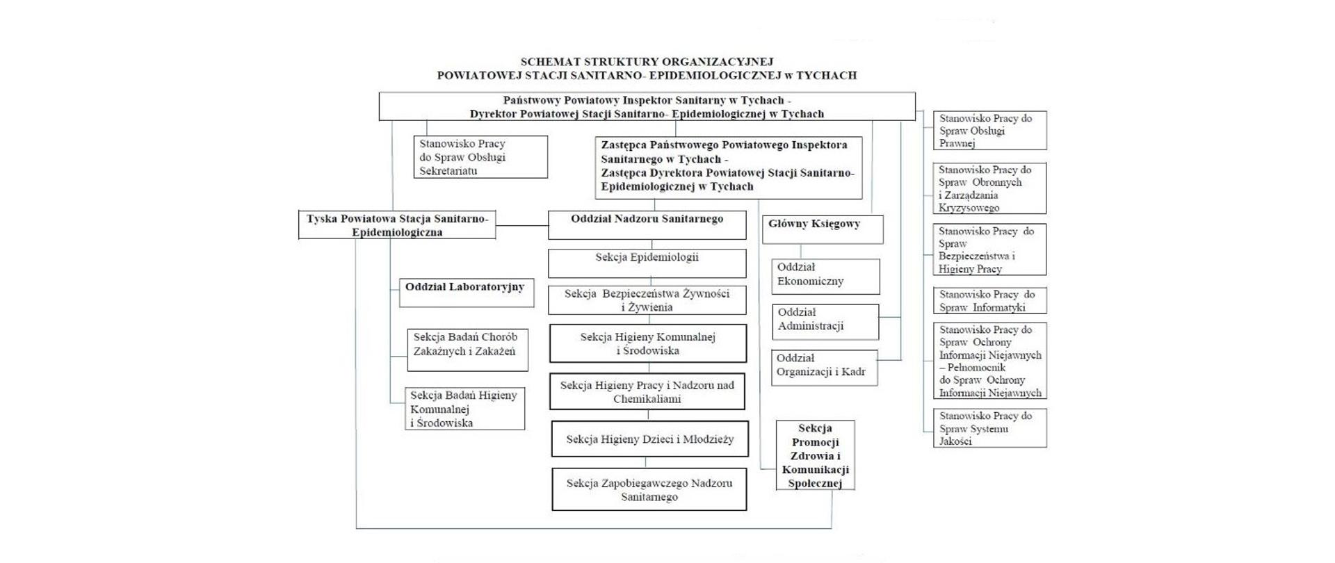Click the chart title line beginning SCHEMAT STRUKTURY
pyautogui.click(x=647, y=62)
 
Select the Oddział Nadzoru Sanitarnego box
pyautogui.click(x=647, y=225)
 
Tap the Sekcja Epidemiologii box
pyautogui.click(x=647, y=263)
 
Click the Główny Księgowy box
pyautogui.click(x=823, y=229)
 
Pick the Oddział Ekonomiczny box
pyautogui.click(x=825, y=276)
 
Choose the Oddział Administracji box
pyautogui.click(x=825, y=321)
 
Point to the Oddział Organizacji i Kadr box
pyautogui.click(x=824, y=367)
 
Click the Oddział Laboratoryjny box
pyautogui.click(x=466, y=293)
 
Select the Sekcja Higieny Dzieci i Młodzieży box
pyautogui.click(x=649, y=439)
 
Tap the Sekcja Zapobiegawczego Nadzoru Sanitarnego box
pyautogui.click(x=649, y=489)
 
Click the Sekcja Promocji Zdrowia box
pyautogui.click(x=815, y=455)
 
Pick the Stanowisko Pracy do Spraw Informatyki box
pyautogui.click(x=989, y=301)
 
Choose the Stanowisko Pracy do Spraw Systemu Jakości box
pyautogui.click(x=989, y=427)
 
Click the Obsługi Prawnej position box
pyautogui.click(x=989, y=131)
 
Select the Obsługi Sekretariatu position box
pyautogui.click(x=480, y=157)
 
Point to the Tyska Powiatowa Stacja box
pyautogui.click(x=397, y=225)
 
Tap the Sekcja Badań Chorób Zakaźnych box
pyautogui.click(x=467, y=350)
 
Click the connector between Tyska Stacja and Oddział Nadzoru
pyautogui.click(x=521, y=225)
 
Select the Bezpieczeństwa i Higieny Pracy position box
pyautogui.click(x=989, y=250)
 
